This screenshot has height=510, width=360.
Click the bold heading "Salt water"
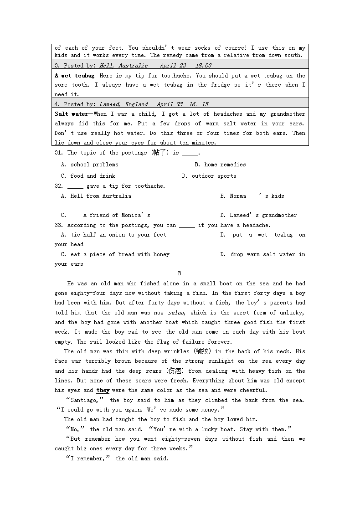[x=71, y=114]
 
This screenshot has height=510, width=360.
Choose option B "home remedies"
[x=220, y=165]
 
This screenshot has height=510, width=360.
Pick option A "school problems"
[x=89, y=165]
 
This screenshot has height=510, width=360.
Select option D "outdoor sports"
[x=209, y=176]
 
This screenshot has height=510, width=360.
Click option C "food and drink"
[x=88, y=176]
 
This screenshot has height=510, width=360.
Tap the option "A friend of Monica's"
[x=117, y=215]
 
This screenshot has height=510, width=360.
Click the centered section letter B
[x=180, y=273]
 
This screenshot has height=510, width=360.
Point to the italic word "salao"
[x=176, y=313]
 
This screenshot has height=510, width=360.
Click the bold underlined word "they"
[x=103, y=390]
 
